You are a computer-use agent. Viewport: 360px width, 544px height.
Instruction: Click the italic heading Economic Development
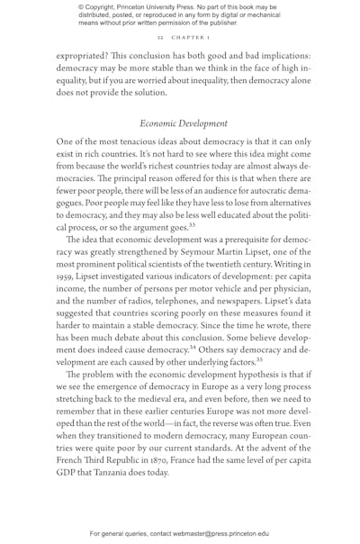tap(184, 122)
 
